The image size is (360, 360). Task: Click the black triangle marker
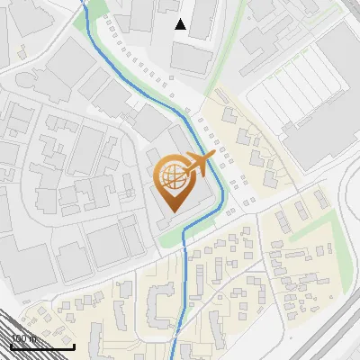point(181,24)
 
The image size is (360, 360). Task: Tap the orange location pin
point(175,184)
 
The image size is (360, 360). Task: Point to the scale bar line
point(41,346)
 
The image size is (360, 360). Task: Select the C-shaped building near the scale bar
point(160,305)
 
